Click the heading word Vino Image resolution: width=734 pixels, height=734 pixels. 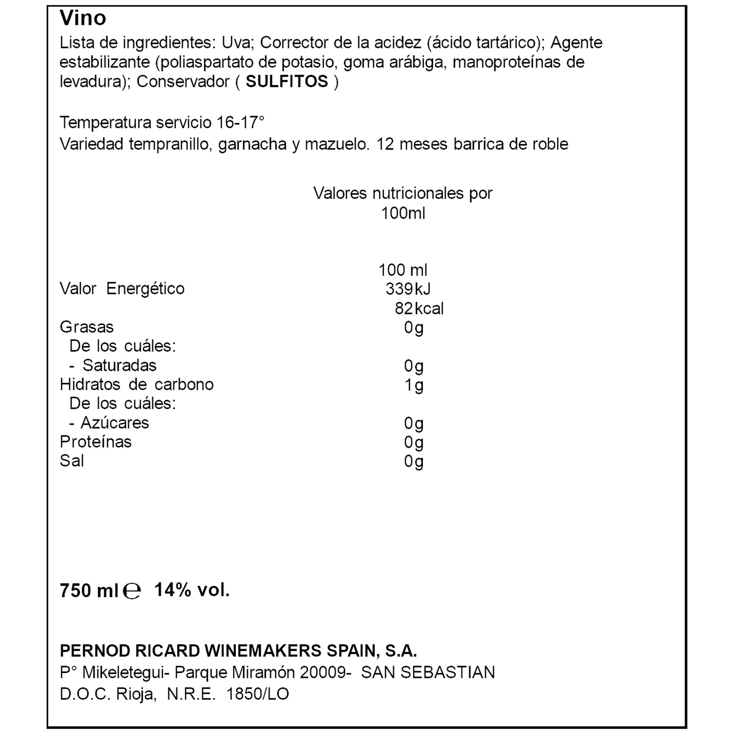[x=83, y=18]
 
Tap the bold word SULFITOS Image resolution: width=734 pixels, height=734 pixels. [x=287, y=82]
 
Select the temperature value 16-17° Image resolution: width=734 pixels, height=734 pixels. [x=241, y=122]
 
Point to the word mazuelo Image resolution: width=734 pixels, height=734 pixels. [x=337, y=144]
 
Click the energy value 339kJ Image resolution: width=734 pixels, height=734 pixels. [x=408, y=289]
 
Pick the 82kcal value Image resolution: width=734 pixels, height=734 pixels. [x=419, y=308]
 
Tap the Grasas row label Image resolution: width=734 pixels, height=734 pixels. [x=86, y=327]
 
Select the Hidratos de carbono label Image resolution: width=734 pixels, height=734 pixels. [x=137, y=385]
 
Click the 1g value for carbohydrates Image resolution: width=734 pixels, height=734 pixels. [x=413, y=385]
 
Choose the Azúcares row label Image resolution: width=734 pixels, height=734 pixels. [x=115, y=423]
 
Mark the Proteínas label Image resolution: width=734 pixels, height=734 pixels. [x=95, y=442]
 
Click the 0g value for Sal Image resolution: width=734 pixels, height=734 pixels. [x=413, y=461]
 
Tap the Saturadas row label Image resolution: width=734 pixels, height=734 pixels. [x=119, y=365]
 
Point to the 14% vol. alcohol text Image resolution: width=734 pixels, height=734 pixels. [x=192, y=590]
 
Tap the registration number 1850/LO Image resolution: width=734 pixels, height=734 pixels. [x=257, y=694]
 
